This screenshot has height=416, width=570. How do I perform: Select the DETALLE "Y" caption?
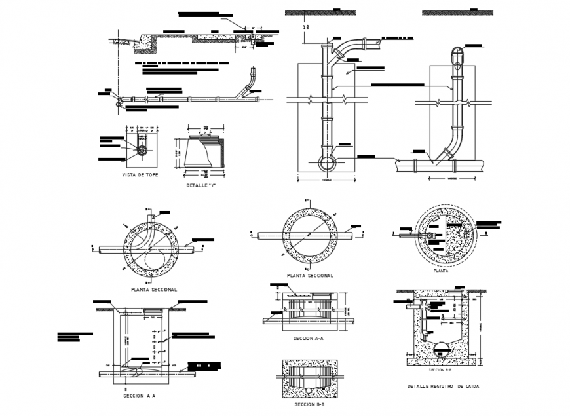click(x=202, y=186)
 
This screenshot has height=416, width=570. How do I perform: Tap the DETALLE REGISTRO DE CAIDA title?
click(x=442, y=387)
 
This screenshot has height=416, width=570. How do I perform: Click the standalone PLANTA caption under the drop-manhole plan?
click(x=441, y=269)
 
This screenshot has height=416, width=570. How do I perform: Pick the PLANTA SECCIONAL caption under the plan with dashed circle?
click(x=154, y=289)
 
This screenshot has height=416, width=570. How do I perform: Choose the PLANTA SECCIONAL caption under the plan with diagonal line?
click(x=310, y=276)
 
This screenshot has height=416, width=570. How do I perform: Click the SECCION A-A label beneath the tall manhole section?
click(x=139, y=396)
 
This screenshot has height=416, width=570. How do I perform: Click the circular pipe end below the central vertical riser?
click(x=326, y=161)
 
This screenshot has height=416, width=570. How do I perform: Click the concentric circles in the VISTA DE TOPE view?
click(x=142, y=150)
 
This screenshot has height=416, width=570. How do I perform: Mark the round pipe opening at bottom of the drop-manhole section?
click(x=441, y=347)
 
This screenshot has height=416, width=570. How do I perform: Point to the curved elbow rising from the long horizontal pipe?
click(x=248, y=85)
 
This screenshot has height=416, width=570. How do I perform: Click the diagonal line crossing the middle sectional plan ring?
click(x=310, y=235)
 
